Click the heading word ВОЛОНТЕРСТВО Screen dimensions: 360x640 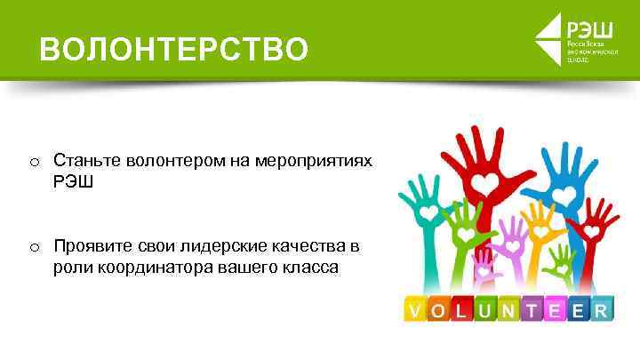(174, 49)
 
